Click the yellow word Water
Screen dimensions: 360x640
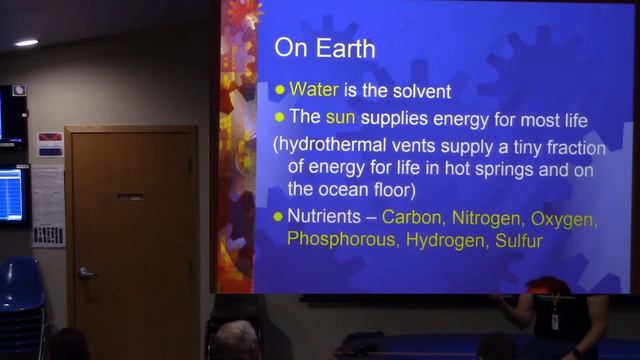pos(313,91)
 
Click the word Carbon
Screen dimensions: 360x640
pos(413,217)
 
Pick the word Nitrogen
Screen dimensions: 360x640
pos(488,217)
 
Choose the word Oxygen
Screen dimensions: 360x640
pos(565,217)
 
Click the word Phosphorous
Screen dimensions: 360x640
pos(334,240)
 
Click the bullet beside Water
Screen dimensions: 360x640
pos(280,91)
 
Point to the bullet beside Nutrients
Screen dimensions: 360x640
pos(279,217)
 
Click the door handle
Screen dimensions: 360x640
pos(86,272)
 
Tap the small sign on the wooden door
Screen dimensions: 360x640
pos(130,196)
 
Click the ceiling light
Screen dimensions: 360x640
pos(27,42)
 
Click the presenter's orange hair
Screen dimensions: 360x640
pos(548,286)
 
